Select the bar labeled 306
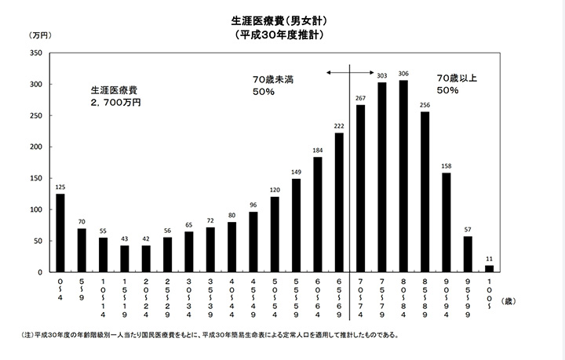point(403,176)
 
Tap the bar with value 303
point(382,176)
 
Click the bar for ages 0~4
point(60,233)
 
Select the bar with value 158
point(446,222)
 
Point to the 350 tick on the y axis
point(35,53)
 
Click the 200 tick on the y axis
point(35,147)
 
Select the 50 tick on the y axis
point(38,241)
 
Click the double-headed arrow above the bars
point(348,73)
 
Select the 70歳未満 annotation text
point(272,79)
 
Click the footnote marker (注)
point(28,335)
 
